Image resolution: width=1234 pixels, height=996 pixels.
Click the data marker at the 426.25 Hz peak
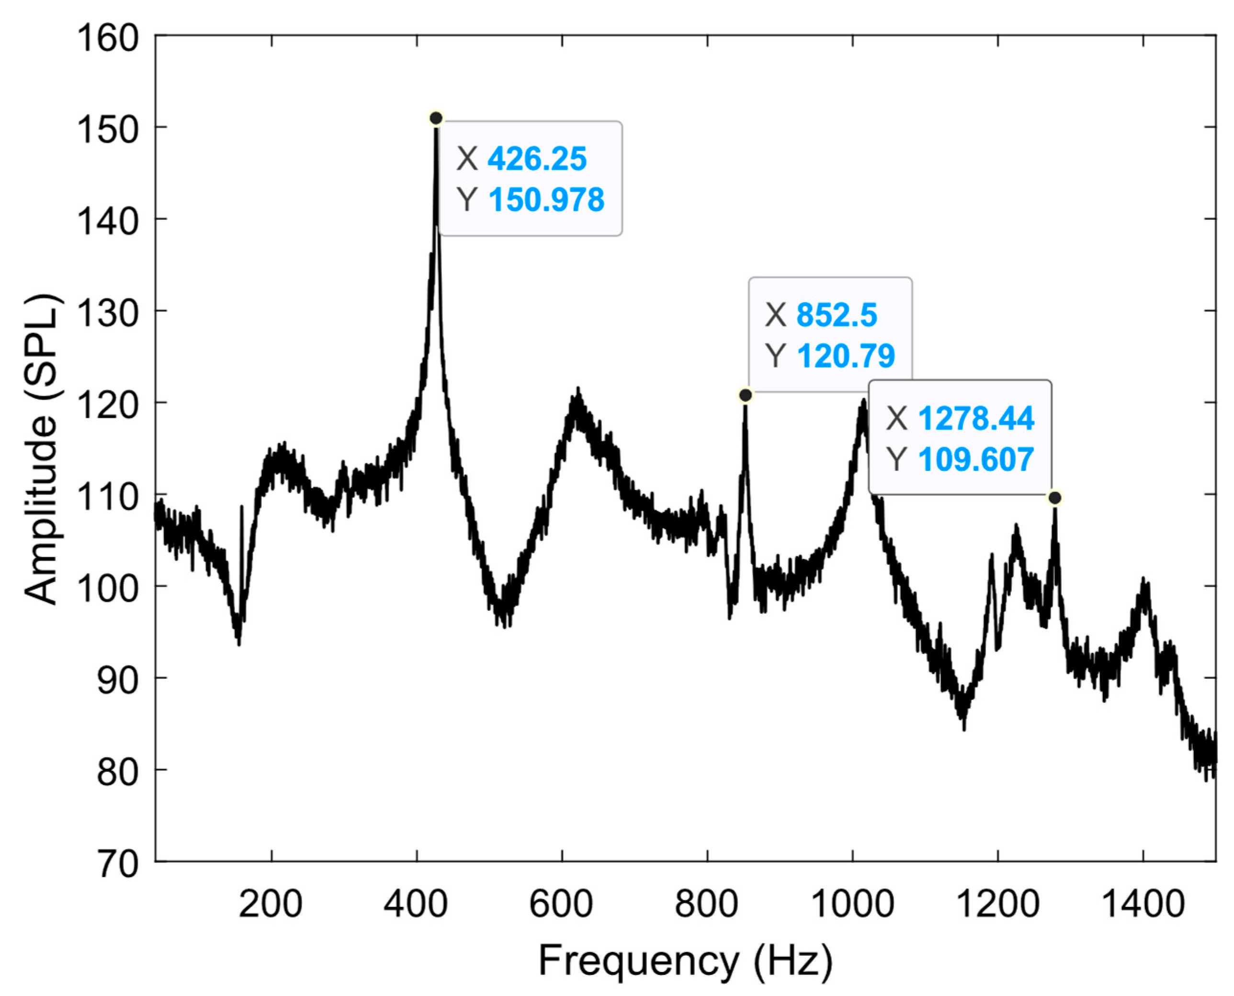click(x=436, y=118)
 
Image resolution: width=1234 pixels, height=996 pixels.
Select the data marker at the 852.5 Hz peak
click(x=746, y=395)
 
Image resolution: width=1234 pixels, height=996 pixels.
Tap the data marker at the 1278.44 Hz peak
click(x=1054, y=497)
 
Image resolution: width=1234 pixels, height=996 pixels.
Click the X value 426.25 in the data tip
click(x=537, y=159)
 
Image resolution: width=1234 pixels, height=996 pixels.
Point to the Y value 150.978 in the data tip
click(x=546, y=200)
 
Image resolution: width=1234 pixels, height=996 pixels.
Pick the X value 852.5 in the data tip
click(x=837, y=316)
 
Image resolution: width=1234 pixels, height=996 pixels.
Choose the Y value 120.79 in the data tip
click(x=846, y=356)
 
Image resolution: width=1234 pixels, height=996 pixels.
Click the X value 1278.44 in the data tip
click(x=976, y=418)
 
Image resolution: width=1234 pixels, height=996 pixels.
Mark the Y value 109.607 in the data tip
click(x=976, y=459)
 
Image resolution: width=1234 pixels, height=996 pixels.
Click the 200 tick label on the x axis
click(x=271, y=905)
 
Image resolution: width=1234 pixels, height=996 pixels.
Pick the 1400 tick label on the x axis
click(x=1143, y=905)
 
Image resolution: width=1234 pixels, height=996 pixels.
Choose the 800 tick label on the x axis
click(x=707, y=905)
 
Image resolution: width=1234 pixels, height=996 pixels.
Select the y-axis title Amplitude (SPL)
click(x=41, y=449)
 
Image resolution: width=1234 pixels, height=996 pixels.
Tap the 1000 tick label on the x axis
click(x=853, y=905)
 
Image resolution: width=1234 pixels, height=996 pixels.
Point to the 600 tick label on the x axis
click(x=561, y=905)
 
